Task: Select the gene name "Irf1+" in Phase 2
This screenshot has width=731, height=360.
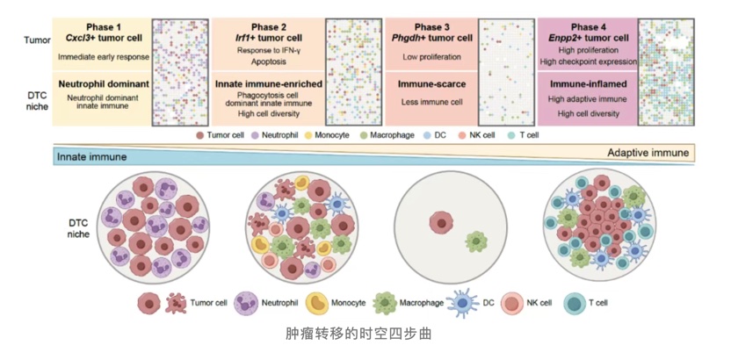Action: click(x=245, y=38)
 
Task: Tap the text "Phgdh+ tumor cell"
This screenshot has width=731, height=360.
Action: click(x=431, y=38)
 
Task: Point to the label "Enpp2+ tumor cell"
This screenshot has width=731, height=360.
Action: click(x=588, y=38)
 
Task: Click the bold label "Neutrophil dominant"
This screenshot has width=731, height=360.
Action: click(x=104, y=85)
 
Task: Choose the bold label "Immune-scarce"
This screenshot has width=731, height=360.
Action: click(x=431, y=85)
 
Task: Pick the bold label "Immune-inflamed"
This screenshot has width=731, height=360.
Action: click(x=588, y=85)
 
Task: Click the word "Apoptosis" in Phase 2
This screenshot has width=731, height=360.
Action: click(x=268, y=61)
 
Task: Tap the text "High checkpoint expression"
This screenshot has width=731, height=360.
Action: click(x=588, y=61)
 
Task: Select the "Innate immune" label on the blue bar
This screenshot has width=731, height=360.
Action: click(x=92, y=157)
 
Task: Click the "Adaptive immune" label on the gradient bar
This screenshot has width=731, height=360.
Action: click(x=648, y=153)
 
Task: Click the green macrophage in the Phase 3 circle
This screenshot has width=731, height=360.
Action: click(x=477, y=241)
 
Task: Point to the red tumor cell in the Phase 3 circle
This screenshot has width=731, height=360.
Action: click(x=441, y=222)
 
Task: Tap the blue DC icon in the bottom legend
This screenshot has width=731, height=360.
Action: click(x=462, y=303)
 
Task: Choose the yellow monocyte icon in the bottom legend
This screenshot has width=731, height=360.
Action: click(x=317, y=303)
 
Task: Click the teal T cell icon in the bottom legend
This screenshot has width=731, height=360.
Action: click(x=575, y=303)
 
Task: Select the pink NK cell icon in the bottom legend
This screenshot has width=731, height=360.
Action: click(x=512, y=303)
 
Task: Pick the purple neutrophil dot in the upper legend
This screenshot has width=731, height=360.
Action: click(x=255, y=135)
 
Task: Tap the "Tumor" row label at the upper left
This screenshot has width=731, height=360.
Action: click(x=37, y=40)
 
